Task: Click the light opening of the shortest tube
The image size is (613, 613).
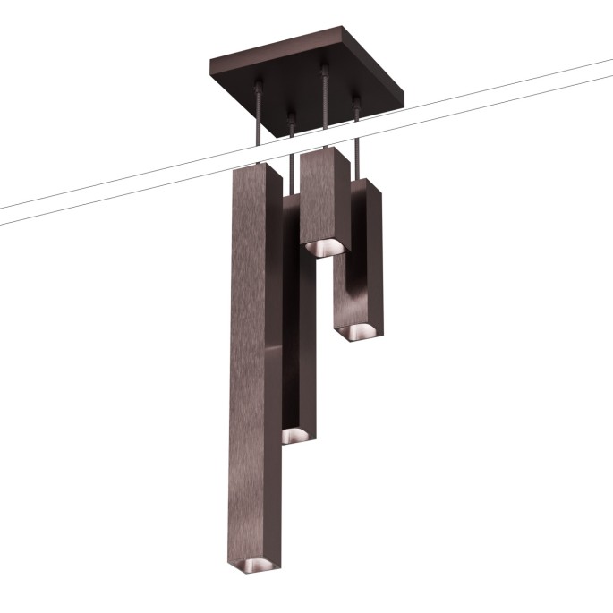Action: point(323,245)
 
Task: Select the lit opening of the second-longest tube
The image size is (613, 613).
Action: point(294,435)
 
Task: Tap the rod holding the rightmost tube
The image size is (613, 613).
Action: point(357,143)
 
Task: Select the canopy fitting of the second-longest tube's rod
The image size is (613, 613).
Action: point(291,115)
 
